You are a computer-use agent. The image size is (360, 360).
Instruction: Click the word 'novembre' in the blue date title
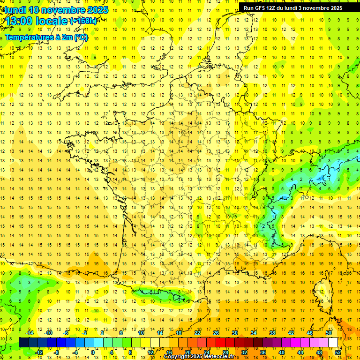point(63,10)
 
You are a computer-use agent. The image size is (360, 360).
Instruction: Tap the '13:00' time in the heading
point(19,22)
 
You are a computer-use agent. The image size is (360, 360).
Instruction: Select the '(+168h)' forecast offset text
point(83,21)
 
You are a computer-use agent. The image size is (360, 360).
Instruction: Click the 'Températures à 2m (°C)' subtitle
point(46,37)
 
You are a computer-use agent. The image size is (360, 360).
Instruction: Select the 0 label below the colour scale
point(92,352)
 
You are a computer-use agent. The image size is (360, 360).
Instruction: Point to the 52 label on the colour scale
point(337,352)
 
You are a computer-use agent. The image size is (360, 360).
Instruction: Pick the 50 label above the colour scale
point(328,333)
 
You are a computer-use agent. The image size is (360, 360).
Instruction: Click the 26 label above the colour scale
point(216,333)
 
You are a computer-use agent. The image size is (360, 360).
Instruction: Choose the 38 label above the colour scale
point(272,333)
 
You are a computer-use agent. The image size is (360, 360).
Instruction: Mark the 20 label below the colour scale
point(188,352)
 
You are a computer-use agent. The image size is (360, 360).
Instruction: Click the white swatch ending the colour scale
point(333,343)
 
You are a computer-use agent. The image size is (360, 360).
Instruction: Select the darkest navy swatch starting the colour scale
point(23,343)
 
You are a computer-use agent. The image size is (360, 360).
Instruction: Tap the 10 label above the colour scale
point(141,333)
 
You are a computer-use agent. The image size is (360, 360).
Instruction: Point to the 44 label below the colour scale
point(300,352)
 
